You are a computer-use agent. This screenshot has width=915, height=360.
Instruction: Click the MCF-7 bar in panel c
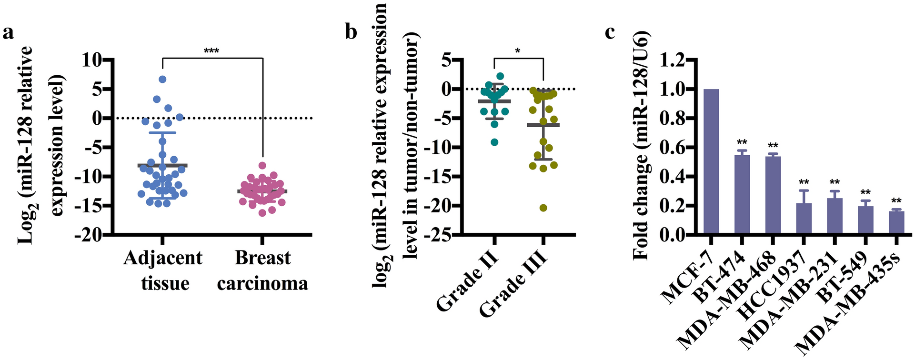pos(711,162)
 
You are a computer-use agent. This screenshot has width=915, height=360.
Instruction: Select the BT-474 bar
pos(742,195)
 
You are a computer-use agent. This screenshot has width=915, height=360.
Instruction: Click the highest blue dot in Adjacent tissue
pos(162,80)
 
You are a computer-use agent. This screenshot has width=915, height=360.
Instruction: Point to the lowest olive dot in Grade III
pos(543,208)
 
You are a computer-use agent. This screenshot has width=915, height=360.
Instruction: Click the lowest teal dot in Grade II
pos(494,142)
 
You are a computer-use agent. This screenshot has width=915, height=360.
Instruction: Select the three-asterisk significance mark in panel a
pos(211,51)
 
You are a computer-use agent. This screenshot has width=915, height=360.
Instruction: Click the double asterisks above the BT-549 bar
pos(865,192)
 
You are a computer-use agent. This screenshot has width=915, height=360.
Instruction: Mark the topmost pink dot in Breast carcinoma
pos(262,166)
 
